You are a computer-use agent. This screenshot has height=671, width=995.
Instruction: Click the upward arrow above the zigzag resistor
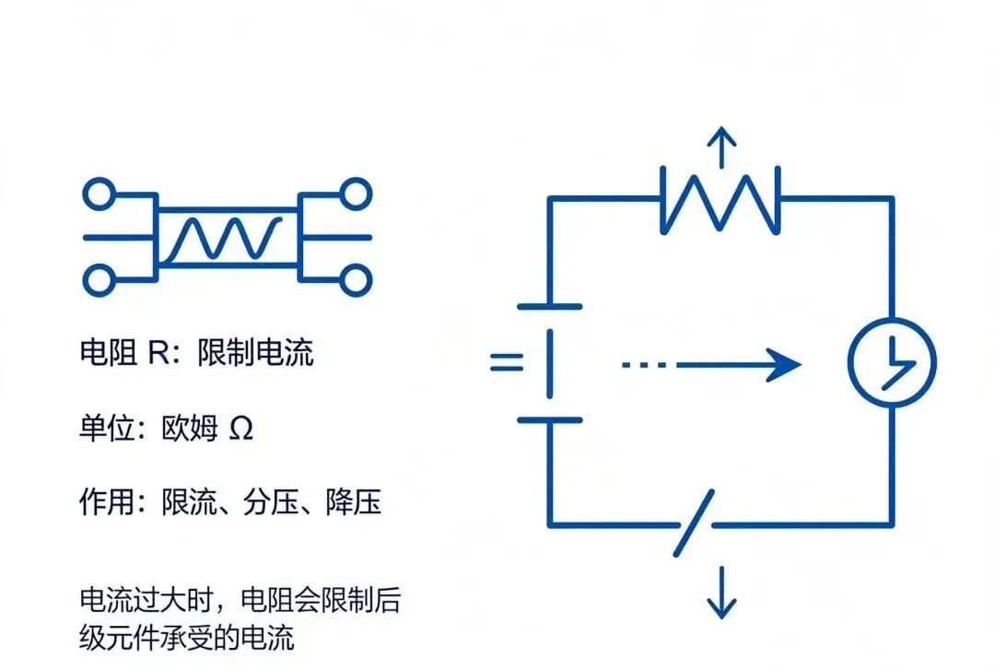[x=721, y=147]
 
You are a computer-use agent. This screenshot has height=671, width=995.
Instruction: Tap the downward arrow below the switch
[x=721, y=593]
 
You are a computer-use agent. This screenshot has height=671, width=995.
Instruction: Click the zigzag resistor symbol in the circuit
[x=720, y=201]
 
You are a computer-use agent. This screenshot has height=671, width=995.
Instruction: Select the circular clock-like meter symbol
[x=892, y=362]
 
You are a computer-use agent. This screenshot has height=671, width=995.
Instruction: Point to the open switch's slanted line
[x=695, y=524]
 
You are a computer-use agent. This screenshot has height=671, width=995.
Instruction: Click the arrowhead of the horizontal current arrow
[x=784, y=365]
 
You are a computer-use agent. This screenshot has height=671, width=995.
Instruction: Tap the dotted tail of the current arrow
[x=643, y=365]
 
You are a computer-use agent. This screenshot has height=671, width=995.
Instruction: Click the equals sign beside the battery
[x=507, y=362]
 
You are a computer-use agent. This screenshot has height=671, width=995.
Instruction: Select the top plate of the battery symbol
[x=549, y=307]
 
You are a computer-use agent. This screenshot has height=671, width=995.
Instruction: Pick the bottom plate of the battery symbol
[x=549, y=419]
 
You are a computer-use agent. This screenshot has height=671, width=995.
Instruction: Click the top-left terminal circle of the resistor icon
[x=99, y=194]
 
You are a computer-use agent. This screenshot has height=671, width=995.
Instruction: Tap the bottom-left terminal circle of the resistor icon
[x=99, y=280]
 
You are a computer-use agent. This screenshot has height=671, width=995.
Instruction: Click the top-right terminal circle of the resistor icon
[x=356, y=194]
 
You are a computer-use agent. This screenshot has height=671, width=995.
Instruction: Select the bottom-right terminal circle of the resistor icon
[x=356, y=280]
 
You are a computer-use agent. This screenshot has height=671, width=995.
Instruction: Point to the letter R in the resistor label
[x=158, y=352]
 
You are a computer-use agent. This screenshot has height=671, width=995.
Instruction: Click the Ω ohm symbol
[x=240, y=429]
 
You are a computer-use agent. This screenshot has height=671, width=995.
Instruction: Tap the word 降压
[x=354, y=501]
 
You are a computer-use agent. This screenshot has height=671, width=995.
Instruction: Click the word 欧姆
[x=190, y=428]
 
